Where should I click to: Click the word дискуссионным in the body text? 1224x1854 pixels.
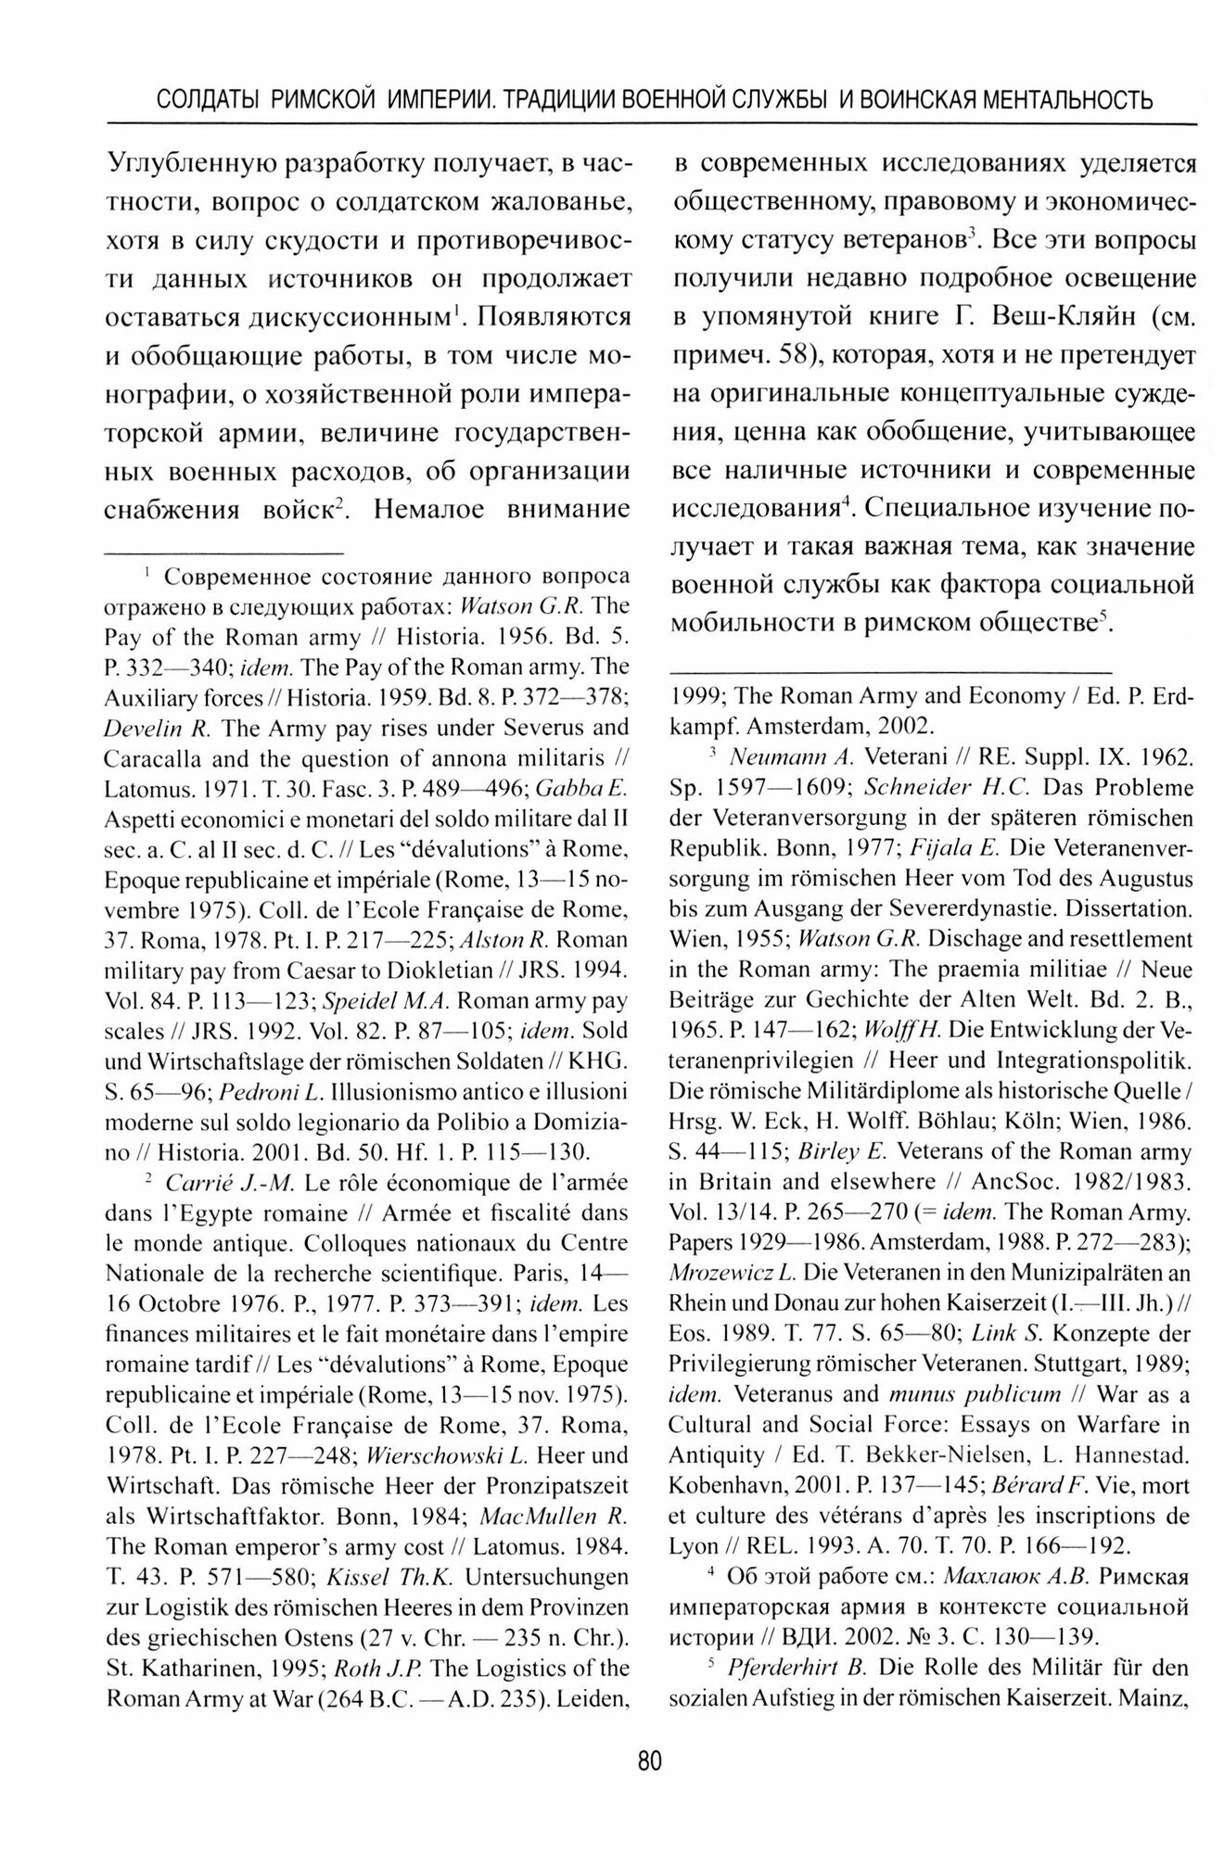click(357, 317)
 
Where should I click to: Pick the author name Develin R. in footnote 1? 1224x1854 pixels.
click(148, 728)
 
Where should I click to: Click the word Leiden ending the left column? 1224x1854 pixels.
click(599, 1698)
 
